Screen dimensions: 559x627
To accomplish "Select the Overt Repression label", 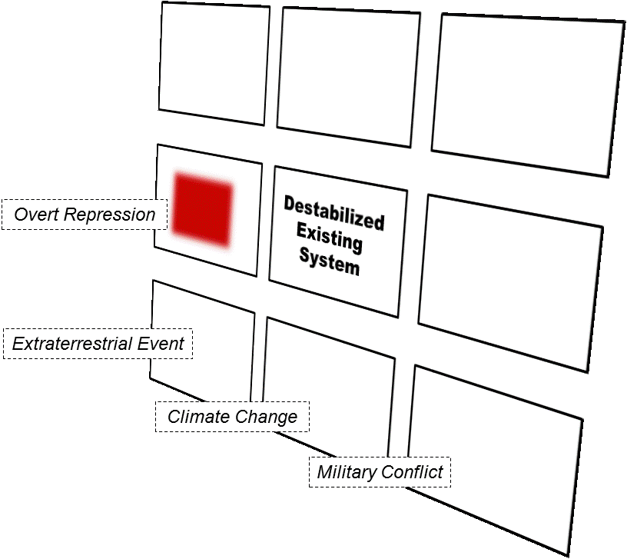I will (x=85, y=215).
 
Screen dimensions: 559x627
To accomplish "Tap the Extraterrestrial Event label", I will (x=98, y=343).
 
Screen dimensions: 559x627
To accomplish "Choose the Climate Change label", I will (x=232, y=417).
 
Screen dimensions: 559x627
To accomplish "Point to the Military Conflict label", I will (x=380, y=471).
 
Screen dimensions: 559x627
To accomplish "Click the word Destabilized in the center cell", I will (x=333, y=214).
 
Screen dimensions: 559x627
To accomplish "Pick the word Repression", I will (x=109, y=215).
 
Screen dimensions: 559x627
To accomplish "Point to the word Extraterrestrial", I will (x=71, y=343).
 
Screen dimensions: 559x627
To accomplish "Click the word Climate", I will (x=197, y=417).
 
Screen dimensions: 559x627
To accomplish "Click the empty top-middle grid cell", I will (x=350, y=73).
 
